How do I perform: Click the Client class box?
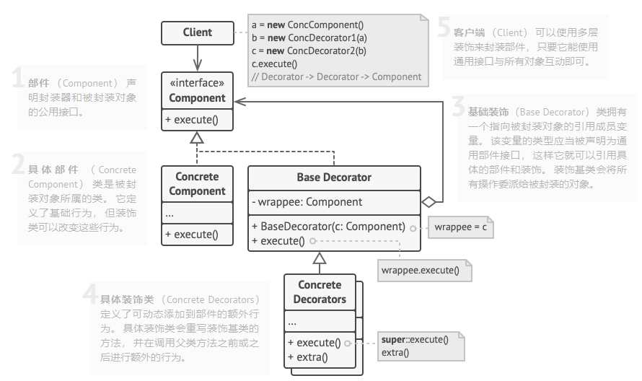pyautogui.click(x=197, y=32)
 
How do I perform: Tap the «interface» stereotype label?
pyautogui.click(x=197, y=83)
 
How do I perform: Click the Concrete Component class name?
pyautogui.click(x=197, y=184)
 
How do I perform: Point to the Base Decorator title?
pyautogui.click(x=334, y=177)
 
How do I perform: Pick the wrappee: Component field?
pyautogui.click(x=307, y=202)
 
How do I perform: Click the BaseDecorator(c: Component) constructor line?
pyautogui.click(x=328, y=226)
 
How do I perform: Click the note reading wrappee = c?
pyautogui.click(x=461, y=227)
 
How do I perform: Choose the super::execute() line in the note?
pyautogui.click(x=415, y=339)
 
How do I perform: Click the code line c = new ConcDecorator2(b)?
pyautogui.click(x=309, y=51)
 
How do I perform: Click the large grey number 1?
pyautogui.click(x=19, y=79)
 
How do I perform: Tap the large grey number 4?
pyautogui.click(x=90, y=295)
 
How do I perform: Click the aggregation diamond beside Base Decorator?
pyautogui.click(x=430, y=202)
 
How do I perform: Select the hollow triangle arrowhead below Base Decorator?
pyautogui.click(x=320, y=258)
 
